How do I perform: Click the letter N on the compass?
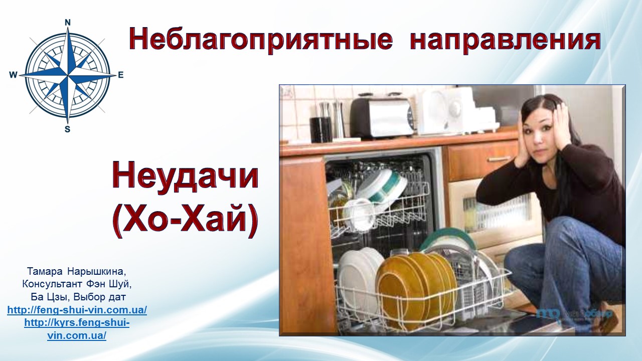point(68,23)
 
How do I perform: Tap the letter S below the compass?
point(67,129)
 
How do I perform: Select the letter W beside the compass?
point(13,75)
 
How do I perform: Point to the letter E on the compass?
point(121,75)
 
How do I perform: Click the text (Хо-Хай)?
point(185,220)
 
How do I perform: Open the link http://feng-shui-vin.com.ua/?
point(77,310)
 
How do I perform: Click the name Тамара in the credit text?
point(45,271)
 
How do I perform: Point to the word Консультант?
point(53,284)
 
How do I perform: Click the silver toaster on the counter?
point(382,117)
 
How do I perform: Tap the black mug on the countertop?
point(320,129)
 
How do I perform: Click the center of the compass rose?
point(68,75)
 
